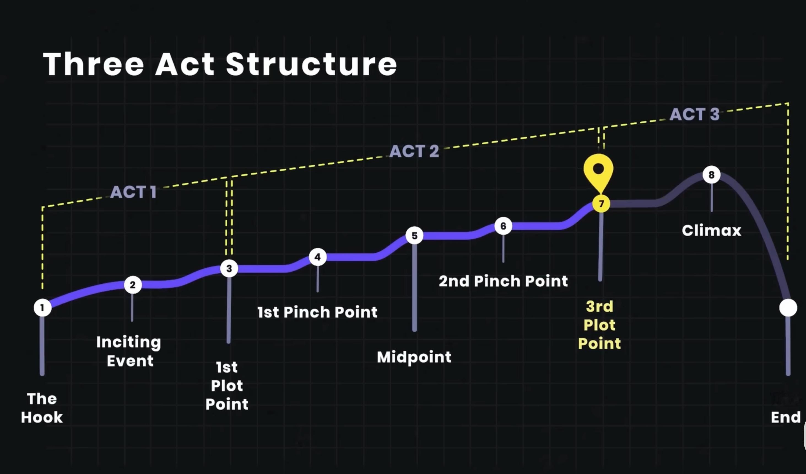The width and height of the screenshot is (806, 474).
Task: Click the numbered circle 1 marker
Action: coord(42,308)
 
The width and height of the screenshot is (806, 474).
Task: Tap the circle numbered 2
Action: coord(133,285)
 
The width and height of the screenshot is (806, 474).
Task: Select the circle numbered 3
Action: coord(229,268)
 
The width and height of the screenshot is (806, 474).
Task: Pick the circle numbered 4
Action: coord(318,257)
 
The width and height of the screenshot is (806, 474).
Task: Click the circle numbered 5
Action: coord(415,236)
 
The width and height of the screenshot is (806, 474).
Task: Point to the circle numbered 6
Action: coord(503,226)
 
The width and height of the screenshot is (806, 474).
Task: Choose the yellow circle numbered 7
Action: coord(601,204)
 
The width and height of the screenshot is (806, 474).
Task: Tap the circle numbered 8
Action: coord(711,175)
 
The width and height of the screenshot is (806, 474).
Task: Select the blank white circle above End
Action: coord(788,308)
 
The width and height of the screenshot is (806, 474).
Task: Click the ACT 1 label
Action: coord(133,192)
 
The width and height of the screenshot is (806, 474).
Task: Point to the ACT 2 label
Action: coord(414,151)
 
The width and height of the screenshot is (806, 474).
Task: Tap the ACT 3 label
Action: coord(694,114)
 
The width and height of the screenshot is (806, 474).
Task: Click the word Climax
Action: coord(711,230)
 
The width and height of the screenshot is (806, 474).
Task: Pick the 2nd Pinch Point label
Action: coord(503,281)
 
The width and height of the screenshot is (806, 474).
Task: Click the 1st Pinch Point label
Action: coord(317,312)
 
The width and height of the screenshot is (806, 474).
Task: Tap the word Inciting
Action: coord(129,342)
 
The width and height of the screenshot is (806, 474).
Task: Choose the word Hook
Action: coord(42,417)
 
